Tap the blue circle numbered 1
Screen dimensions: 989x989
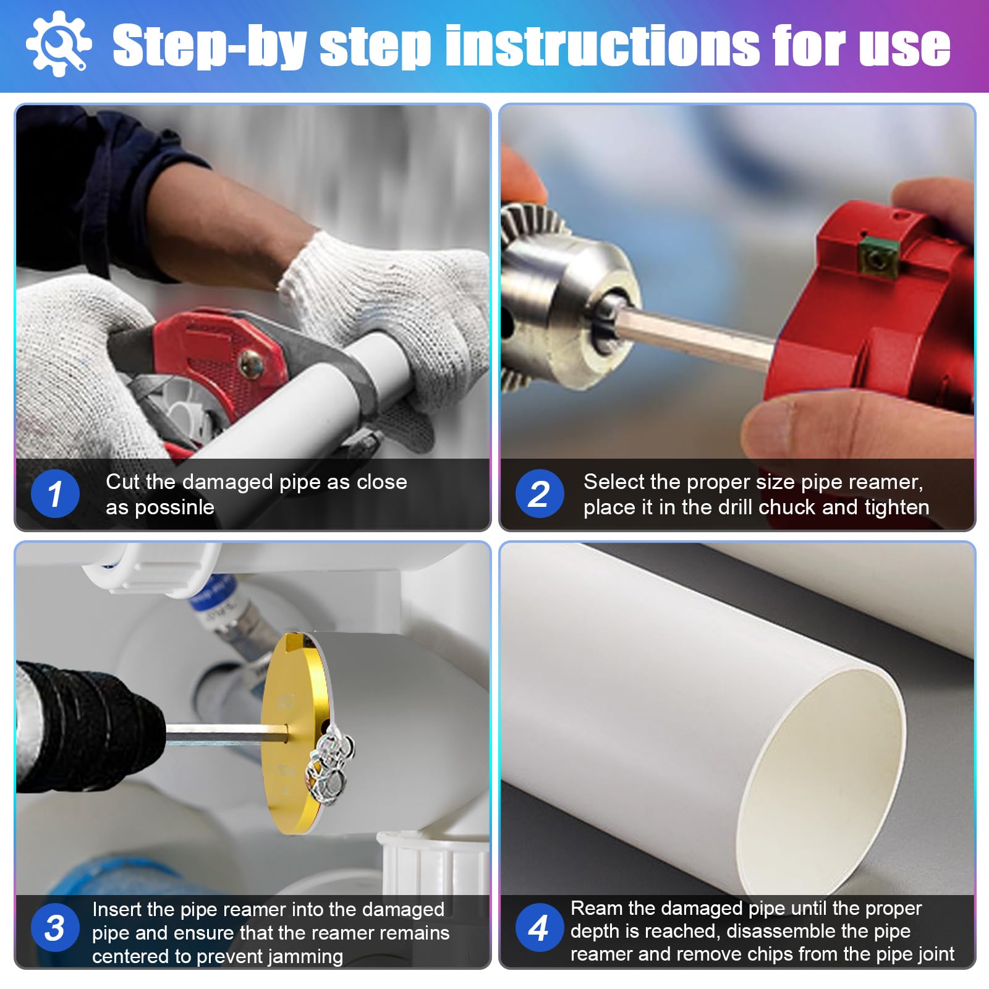click(55, 494)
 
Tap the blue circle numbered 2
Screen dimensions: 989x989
click(540, 494)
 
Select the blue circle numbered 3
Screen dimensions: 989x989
click(55, 927)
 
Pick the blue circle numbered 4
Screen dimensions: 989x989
click(540, 927)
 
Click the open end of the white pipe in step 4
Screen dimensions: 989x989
click(822, 773)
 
